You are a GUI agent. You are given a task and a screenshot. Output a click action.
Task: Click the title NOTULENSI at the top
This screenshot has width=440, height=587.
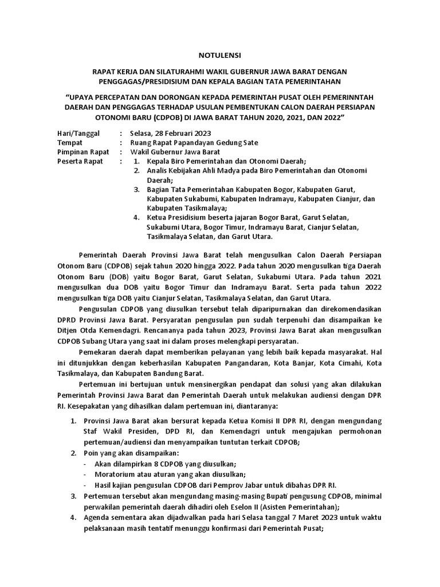pos(220,55)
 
